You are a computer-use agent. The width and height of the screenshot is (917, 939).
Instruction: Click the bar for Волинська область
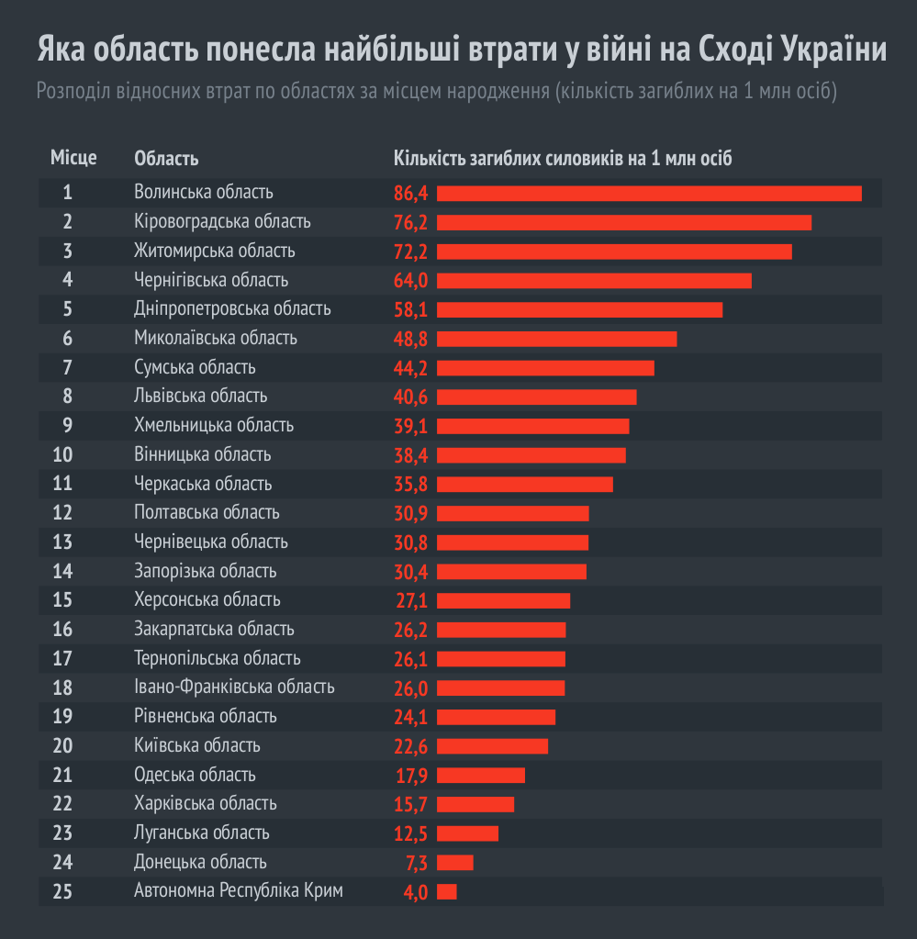[x=649, y=194]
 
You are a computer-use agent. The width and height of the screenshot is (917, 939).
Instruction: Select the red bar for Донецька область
[x=455, y=863]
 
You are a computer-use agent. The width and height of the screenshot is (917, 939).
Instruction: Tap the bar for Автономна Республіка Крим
[x=447, y=892]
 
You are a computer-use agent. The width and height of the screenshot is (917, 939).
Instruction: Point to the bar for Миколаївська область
[x=556, y=340]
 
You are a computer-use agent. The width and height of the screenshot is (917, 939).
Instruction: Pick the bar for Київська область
[x=492, y=746]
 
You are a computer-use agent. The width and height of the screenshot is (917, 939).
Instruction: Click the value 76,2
[x=411, y=223]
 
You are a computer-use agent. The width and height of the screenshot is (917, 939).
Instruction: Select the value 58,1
[x=411, y=310]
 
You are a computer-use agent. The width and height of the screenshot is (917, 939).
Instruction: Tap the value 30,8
[x=411, y=543]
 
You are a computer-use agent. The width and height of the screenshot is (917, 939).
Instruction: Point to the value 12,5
[x=411, y=834]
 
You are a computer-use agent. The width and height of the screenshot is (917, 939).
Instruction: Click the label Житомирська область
[x=215, y=251]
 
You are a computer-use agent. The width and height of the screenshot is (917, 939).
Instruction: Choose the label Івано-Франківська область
[x=234, y=687]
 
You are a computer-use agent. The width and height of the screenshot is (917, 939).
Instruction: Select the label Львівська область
[x=201, y=396]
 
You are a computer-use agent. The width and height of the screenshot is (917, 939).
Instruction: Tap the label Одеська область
[x=195, y=775]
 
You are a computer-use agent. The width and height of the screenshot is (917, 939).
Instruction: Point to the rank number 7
[x=68, y=367]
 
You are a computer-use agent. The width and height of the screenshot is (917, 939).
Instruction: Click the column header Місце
[x=73, y=159]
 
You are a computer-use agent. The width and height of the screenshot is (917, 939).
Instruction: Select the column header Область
[x=166, y=159]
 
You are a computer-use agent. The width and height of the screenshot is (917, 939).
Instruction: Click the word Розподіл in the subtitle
[x=71, y=93]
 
